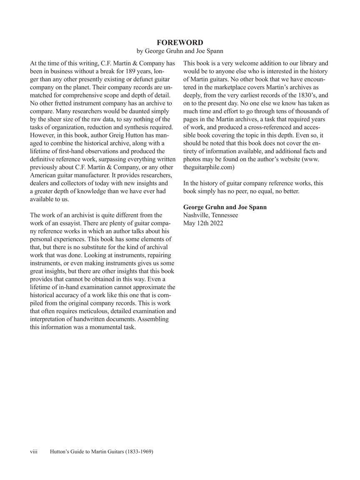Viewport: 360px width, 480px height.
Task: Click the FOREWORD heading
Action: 180,42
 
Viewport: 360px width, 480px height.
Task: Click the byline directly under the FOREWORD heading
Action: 180,51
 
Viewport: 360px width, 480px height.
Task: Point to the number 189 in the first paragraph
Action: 132,71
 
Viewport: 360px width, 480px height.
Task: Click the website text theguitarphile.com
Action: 209,167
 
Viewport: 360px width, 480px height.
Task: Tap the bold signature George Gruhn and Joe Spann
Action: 225,207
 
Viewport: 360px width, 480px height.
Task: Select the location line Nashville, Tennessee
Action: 211,215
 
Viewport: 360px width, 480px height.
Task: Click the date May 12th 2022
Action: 203,223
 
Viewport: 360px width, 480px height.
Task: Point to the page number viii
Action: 34,451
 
